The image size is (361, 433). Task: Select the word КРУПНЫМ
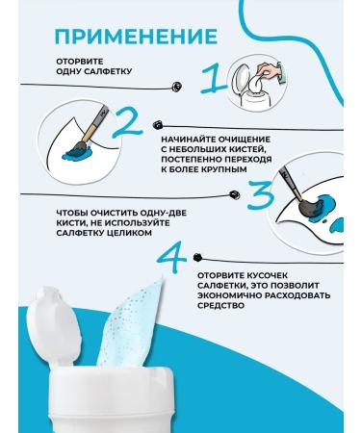(224, 169)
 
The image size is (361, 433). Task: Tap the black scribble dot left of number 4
(195, 258)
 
